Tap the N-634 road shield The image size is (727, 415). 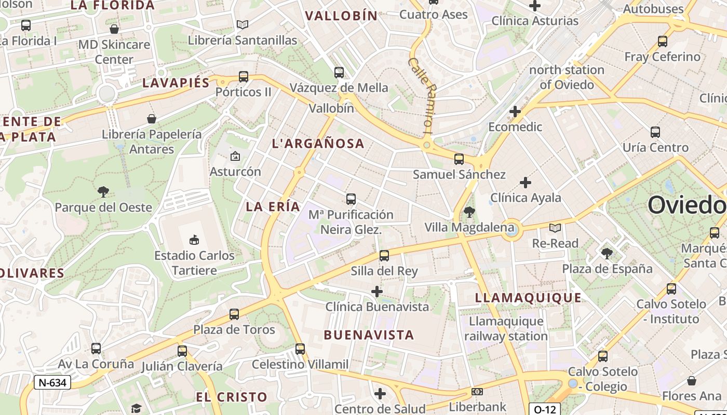(52, 383)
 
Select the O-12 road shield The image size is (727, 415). (545, 409)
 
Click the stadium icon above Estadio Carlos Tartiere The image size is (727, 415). (194, 240)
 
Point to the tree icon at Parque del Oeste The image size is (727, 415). (103, 192)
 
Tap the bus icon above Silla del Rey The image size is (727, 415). (384, 255)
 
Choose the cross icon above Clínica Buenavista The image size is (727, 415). (377, 292)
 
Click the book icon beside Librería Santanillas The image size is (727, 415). (243, 24)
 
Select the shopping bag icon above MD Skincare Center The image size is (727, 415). (114, 29)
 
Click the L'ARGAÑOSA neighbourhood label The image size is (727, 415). (318, 144)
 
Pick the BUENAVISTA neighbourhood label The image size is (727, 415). (369, 335)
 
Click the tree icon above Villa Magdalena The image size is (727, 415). (469, 212)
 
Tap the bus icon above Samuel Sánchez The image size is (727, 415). (459, 159)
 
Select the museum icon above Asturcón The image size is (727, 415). (235, 156)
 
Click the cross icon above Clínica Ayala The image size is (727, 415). (526, 183)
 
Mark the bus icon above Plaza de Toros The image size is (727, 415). (234, 314)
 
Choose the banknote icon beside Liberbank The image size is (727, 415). (477, 392)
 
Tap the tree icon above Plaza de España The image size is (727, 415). (607, 254)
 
